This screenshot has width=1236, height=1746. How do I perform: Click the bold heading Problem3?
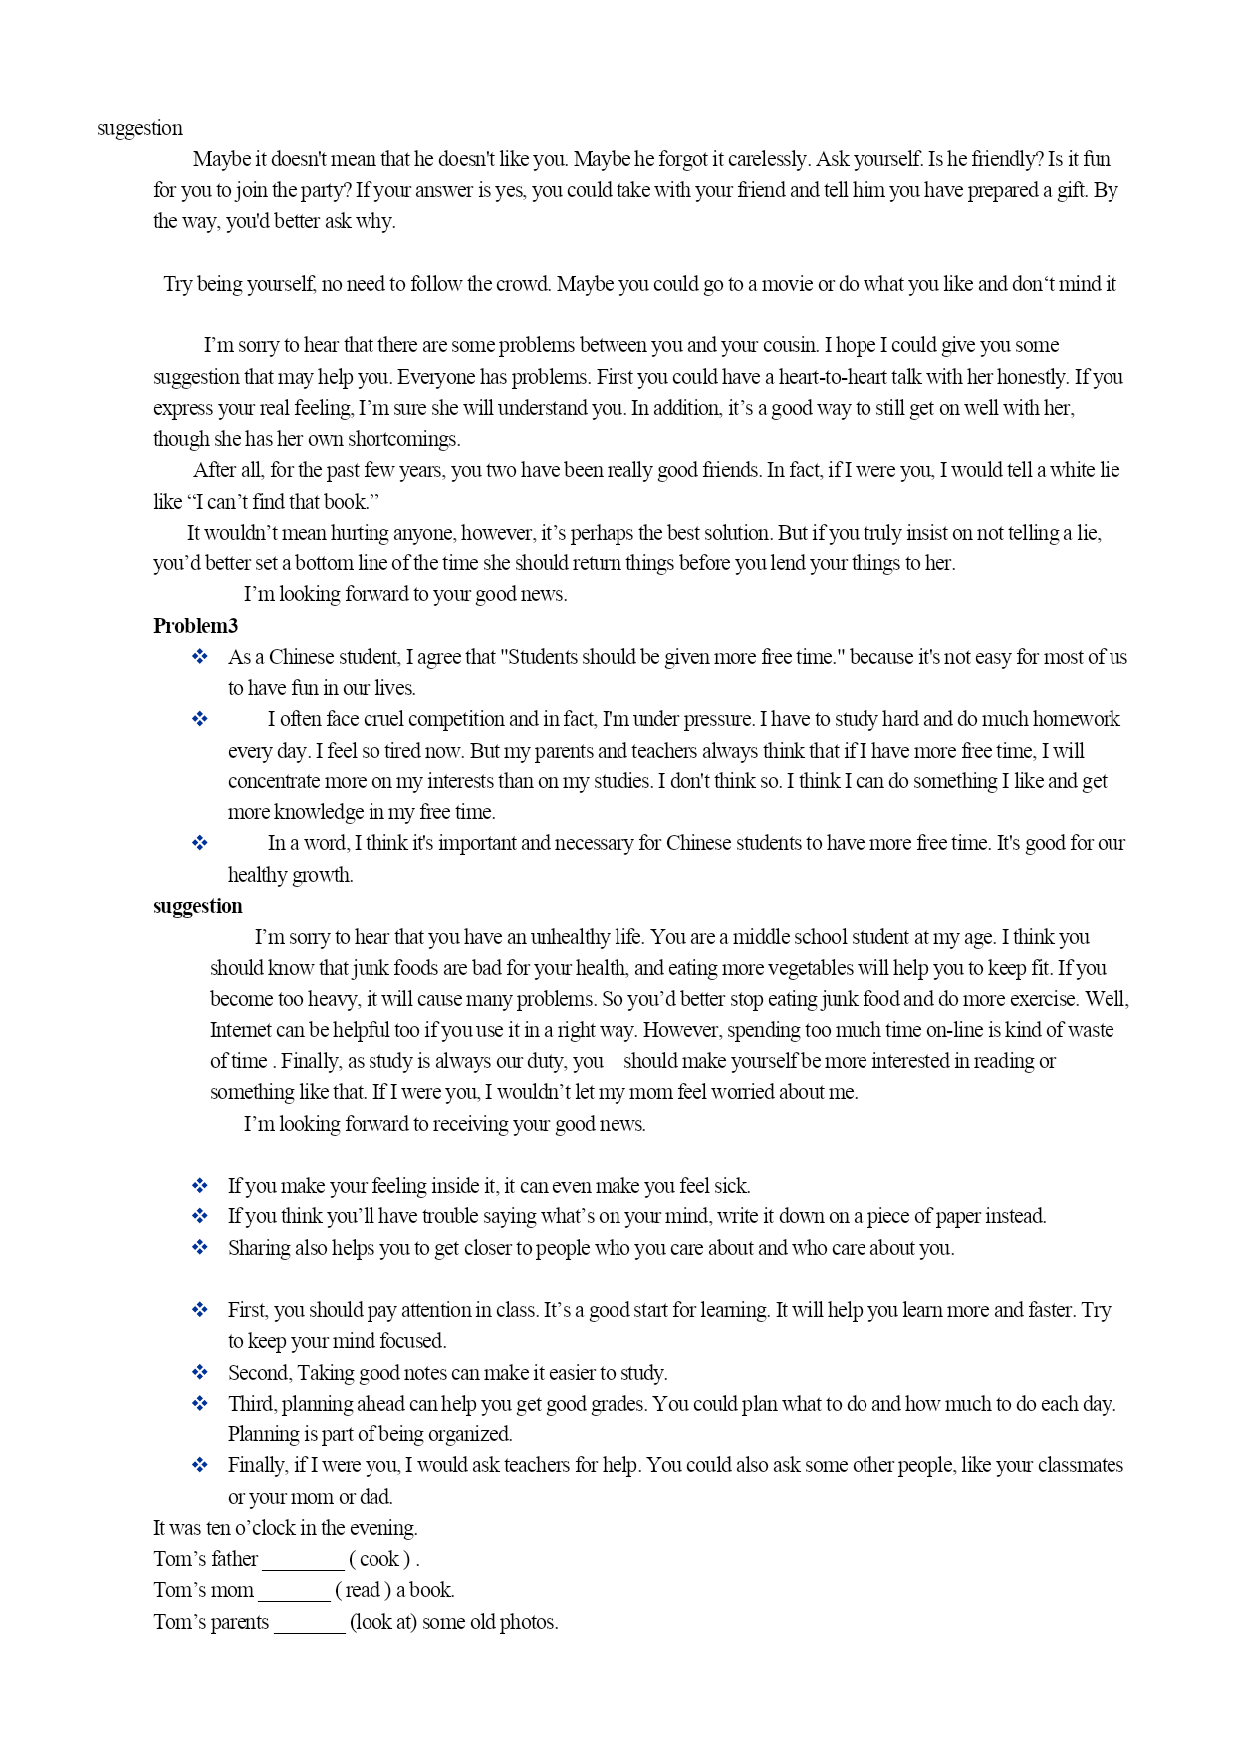195,626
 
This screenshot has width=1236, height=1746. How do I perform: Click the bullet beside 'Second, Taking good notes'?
200,1373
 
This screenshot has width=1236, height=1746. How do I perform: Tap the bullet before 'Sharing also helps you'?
200,1248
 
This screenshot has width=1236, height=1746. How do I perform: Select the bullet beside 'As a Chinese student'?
200,657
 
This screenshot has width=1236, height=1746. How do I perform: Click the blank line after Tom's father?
303,1562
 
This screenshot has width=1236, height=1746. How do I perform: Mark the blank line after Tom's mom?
294,1593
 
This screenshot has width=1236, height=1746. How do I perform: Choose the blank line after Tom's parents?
309,1624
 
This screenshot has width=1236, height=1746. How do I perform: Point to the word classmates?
1080,1465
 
